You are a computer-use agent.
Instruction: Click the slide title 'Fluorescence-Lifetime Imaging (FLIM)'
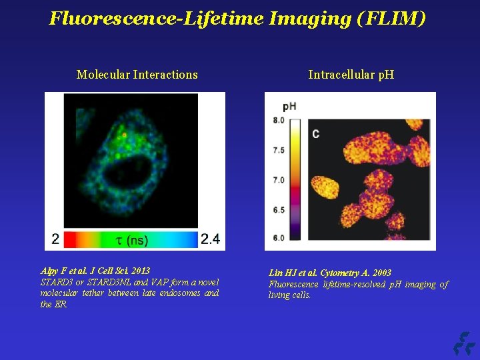pos(237,18)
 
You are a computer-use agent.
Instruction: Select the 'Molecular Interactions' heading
pos(137,75)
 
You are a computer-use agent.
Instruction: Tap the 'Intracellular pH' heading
pos(351,75)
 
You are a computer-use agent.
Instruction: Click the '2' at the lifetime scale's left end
pos(56,239)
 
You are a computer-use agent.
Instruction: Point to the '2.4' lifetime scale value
pos(210,239)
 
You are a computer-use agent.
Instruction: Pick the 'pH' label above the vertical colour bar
pos(289,106)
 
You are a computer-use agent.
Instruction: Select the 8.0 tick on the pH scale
pos(279,121)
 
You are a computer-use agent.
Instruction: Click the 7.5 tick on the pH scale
pos(279,150)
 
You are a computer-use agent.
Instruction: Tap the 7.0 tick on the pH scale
pos(279,180)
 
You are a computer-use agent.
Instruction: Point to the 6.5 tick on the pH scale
pos(279,210)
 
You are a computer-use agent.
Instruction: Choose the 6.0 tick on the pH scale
pos(279,238)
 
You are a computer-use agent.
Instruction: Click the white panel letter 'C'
pos(315,134)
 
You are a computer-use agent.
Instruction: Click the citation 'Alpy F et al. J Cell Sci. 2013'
pos(95,271)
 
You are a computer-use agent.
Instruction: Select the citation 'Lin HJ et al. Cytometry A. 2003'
pos(330,273)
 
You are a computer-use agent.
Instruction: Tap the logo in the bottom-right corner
pos(463,343)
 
